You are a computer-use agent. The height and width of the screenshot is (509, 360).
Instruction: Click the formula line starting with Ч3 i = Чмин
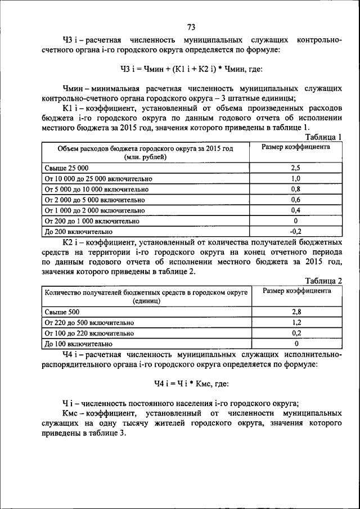tap(191, 69)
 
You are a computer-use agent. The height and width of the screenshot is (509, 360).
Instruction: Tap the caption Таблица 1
tap(323, 137)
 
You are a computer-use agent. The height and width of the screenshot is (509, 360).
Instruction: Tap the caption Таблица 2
tap(323, 281)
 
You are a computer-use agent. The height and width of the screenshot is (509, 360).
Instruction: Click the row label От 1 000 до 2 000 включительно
tap(94, 210)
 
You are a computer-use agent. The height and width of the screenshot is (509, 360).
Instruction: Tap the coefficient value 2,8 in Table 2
tap(296, 312)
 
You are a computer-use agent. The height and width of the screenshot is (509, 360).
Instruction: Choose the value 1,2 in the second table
tap(296, 322)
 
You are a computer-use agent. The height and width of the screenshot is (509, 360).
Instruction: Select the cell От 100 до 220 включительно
tap(86, 333)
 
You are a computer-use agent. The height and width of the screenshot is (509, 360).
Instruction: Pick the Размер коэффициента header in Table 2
tap(296, 291)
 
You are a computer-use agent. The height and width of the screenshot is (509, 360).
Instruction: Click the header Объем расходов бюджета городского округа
tap(145, 148)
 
